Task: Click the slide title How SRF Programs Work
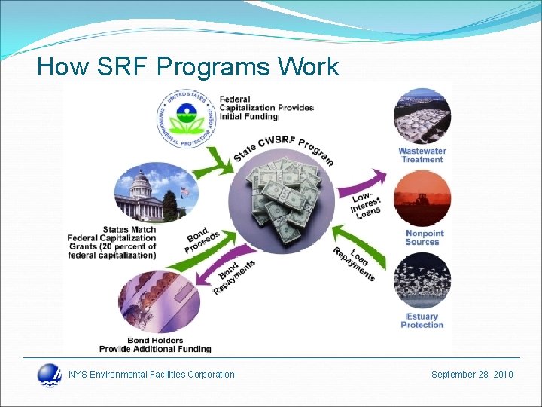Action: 188,67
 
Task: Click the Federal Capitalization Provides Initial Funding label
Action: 267,108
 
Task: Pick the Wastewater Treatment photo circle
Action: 422,115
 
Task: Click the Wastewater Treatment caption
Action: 422,155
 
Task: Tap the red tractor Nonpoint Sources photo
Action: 422,198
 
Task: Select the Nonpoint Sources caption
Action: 422,237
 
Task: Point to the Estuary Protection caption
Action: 422,320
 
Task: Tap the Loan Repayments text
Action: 355,263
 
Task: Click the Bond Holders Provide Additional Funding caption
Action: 155,344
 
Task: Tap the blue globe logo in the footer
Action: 50,375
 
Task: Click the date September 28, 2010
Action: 472,374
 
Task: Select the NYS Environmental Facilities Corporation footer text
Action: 151,374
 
